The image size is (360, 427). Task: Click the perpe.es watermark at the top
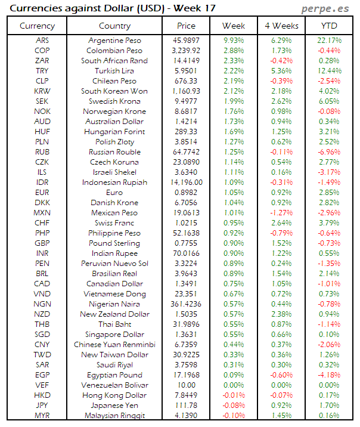[x=327, y=8]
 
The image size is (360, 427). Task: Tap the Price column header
[x=186, y=26]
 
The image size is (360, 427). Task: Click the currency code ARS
[x=42, y=41]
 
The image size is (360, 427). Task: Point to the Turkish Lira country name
[x=114, y=71]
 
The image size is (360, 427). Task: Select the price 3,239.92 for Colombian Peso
[x=187, y=51]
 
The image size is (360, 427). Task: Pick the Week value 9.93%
[x=234, y=41]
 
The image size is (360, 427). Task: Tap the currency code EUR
[x=42, y=193]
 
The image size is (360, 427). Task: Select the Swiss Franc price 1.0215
[x=187, y=223]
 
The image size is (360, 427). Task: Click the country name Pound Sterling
[x=114, y=243]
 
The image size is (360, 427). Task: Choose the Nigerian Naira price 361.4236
[x=187, y=304]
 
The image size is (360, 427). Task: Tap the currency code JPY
[x=42, y=406]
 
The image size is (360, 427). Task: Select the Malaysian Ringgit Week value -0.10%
[x=234, y=416]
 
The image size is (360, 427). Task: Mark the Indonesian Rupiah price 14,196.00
[x=187, y=182]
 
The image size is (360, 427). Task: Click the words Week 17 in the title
[x=194, y=8]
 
